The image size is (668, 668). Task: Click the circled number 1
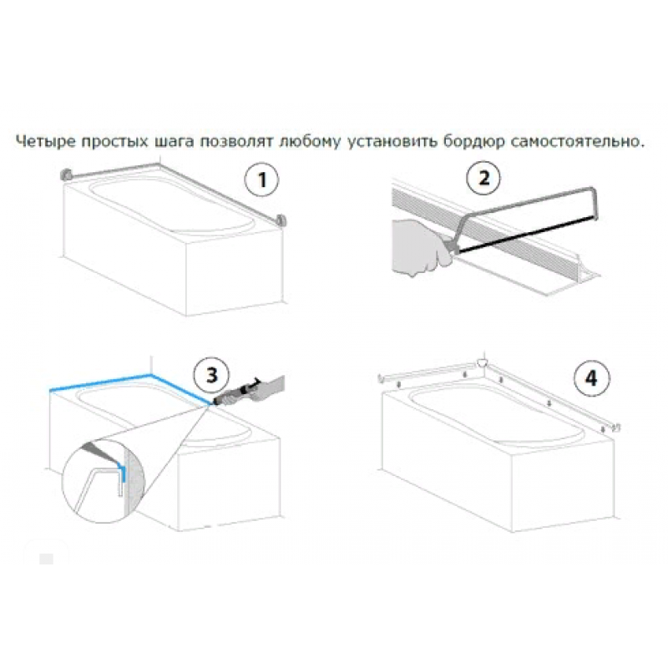pos(261,180)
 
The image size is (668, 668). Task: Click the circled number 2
pos(483,177)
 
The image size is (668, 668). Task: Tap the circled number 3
pos(212,375)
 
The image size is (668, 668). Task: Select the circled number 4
pos(592,378)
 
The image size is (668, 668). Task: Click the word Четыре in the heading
pos(45,141)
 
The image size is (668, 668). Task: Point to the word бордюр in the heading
pos(473,142)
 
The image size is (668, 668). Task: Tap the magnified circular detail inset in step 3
pos(104,482)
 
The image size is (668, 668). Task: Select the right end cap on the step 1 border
pos(281,221)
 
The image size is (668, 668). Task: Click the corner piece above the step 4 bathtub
pos(483,363)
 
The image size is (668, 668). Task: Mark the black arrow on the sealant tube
pos(256,382)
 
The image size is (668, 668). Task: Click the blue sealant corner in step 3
pos(150,376)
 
